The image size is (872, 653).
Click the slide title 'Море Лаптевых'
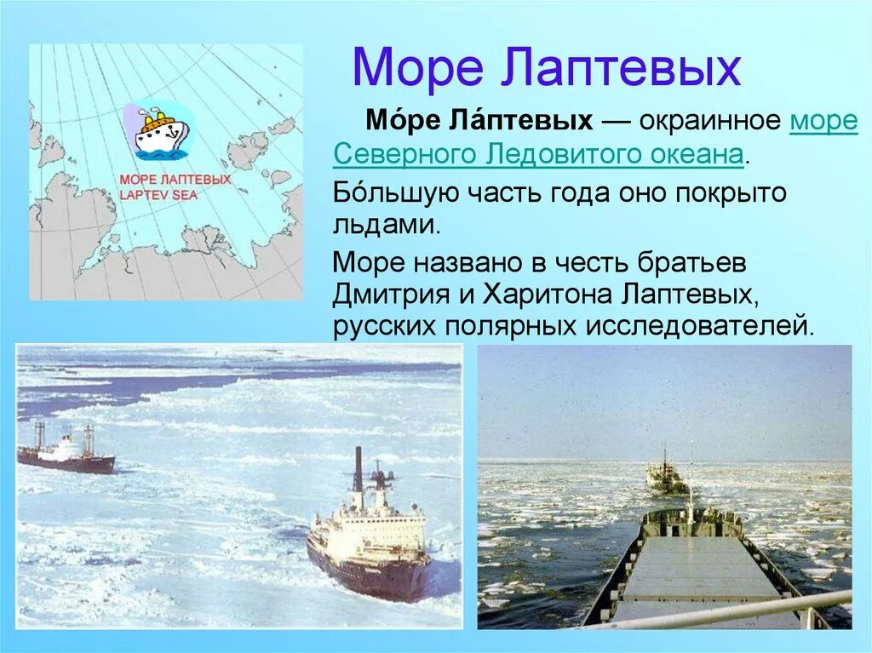pyautogui.click(x=546, y=68)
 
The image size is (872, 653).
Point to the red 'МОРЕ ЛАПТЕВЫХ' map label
pyautogui.click(x=175, y=180)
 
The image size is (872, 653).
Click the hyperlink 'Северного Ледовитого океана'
pyautogui.click(x=538, y=156)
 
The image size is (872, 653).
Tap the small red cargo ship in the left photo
pyautogui.click(x=66, y=456)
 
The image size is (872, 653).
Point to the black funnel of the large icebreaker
pyautogui.click(x=359, y=469)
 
